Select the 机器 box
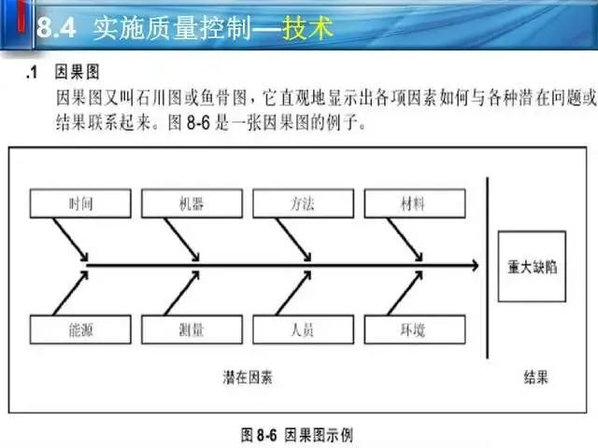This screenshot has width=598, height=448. (191, 203)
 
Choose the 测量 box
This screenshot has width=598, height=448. (191, 329)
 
